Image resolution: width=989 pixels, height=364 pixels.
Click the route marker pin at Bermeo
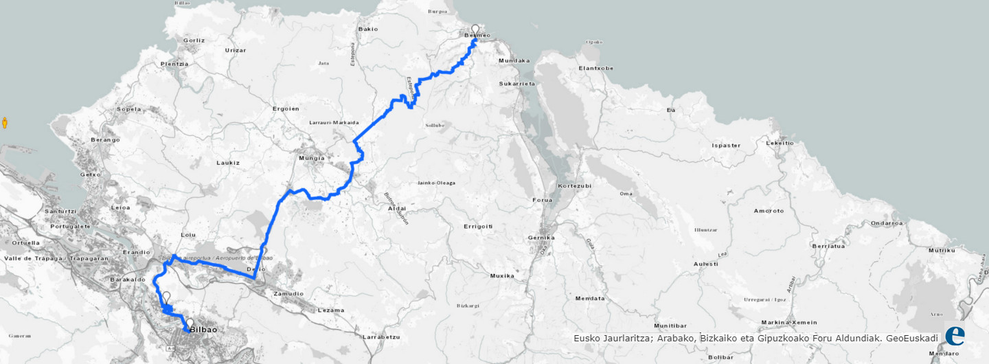click(475, 30)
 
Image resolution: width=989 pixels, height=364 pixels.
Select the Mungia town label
click(312, 159)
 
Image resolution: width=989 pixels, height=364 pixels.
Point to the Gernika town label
click(540, 238)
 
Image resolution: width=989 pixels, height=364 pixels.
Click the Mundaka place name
click(514, 60)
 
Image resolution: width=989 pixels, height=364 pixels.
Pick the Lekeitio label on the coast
click(779, 143)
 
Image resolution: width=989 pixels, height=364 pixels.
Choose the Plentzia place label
click(174, 64)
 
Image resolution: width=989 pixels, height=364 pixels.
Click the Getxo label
click(91, 175)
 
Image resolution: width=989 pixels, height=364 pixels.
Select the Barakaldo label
click(127, 280)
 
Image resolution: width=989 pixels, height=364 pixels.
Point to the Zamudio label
click(287, 293)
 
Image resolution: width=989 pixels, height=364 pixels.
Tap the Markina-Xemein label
click(789, 323)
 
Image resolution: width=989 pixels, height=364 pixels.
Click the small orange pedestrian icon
click(5, 123)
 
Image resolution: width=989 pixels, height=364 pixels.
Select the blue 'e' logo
click(955, 335)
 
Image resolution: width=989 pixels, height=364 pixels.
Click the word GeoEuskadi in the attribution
click(911, 338)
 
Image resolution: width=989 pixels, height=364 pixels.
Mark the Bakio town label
click(368, 29)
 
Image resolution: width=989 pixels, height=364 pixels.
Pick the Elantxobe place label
click(595, 68)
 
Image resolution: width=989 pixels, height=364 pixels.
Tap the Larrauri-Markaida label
click(334, 122)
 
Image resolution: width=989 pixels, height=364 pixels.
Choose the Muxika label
click(502, 275)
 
